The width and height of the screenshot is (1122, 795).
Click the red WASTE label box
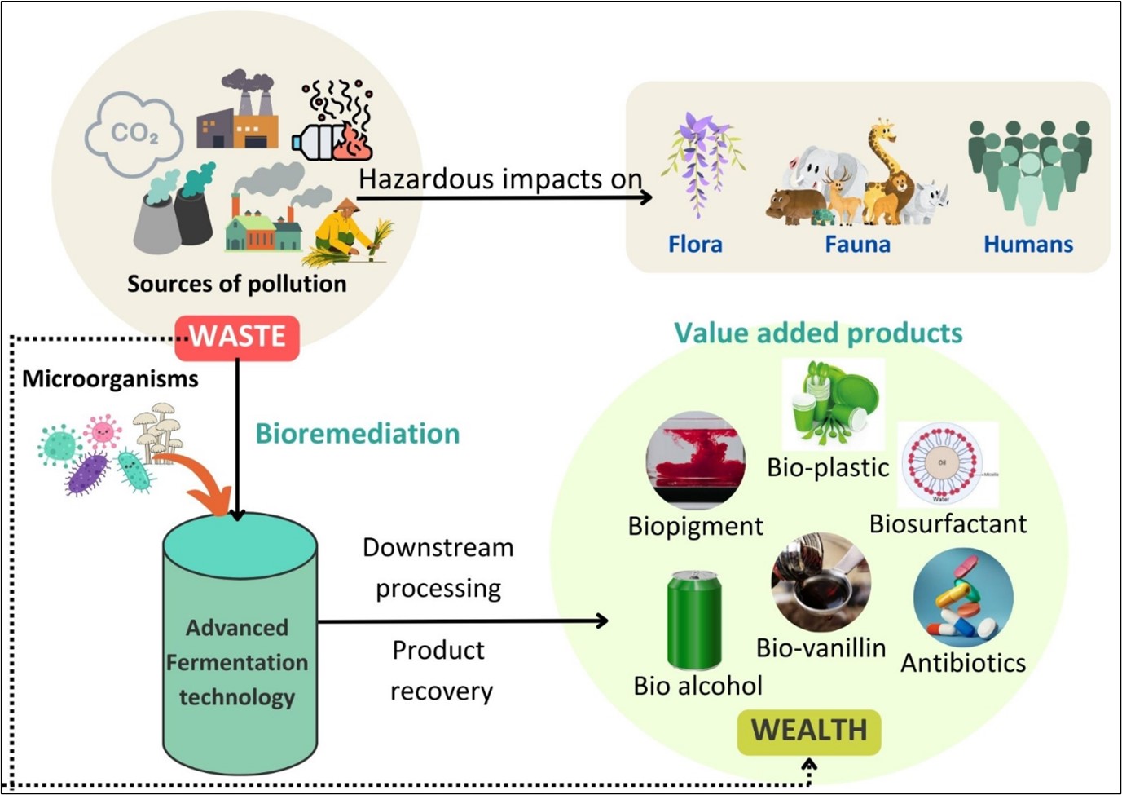point(237,337)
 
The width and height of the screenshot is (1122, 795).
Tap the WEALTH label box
point(809,731)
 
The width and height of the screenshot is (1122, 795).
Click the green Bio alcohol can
point(694,621)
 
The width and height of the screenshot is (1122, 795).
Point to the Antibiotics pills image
point(963,598)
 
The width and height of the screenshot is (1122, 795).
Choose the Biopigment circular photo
point(695,461)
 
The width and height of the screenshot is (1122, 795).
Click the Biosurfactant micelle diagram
point(946,464)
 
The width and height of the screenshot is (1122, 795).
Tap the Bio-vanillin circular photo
point(821,582)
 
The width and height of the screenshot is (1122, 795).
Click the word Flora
point(695,244)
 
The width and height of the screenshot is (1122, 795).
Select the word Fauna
point(857,244)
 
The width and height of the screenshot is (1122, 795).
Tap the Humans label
point(1028,244)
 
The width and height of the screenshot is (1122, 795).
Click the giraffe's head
point(883,130)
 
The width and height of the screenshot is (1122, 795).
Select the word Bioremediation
point(358,434)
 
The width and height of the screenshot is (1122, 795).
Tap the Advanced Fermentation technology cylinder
point(240,644)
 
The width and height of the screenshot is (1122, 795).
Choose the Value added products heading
point(818,333)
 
